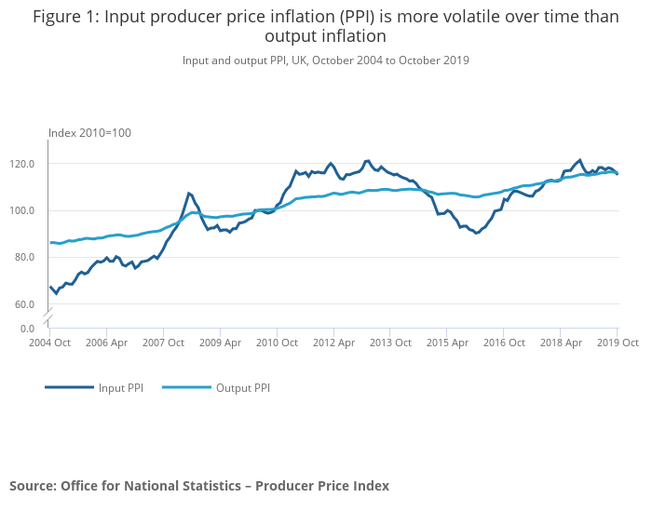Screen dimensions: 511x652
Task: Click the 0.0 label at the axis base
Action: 27,329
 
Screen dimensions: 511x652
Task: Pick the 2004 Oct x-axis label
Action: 49,343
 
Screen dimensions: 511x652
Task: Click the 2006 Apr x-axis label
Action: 106,343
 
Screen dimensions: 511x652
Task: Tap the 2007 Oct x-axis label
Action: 163,343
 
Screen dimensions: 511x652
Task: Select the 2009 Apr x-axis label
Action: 220,343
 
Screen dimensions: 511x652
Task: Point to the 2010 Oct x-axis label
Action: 277,343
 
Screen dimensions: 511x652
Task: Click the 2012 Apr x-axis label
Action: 333,343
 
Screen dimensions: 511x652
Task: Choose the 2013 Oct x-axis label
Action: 390,343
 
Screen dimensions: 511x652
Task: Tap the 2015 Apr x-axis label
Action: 447,343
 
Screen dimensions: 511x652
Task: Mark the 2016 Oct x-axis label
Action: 504,343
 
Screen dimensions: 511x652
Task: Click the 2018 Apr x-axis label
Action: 561,343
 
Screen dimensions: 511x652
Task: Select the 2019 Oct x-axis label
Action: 617,343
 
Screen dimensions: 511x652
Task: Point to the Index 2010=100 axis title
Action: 89,132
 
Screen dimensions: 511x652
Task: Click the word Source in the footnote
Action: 32,486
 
